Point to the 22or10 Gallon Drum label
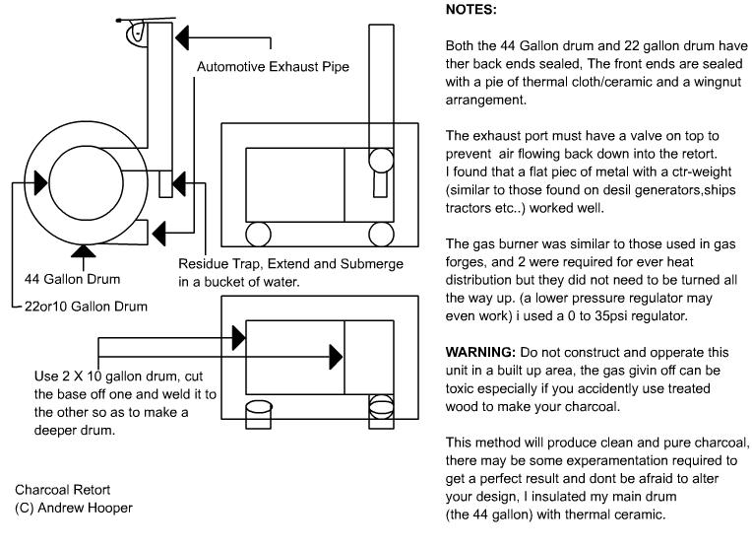tap(85, 307)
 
